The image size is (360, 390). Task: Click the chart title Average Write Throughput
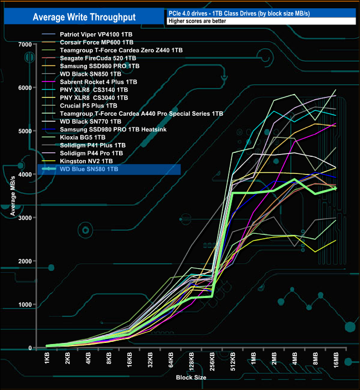click(84, 17)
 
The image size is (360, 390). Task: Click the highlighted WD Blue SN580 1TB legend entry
click(89, 169)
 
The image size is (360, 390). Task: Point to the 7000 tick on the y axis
click(24, 44)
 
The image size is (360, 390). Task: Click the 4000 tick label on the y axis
click(24, 175)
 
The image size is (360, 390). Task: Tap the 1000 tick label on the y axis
click(24, 305)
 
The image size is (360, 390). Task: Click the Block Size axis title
click(191, 377)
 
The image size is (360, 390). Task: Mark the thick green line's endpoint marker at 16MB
click(336, 189)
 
